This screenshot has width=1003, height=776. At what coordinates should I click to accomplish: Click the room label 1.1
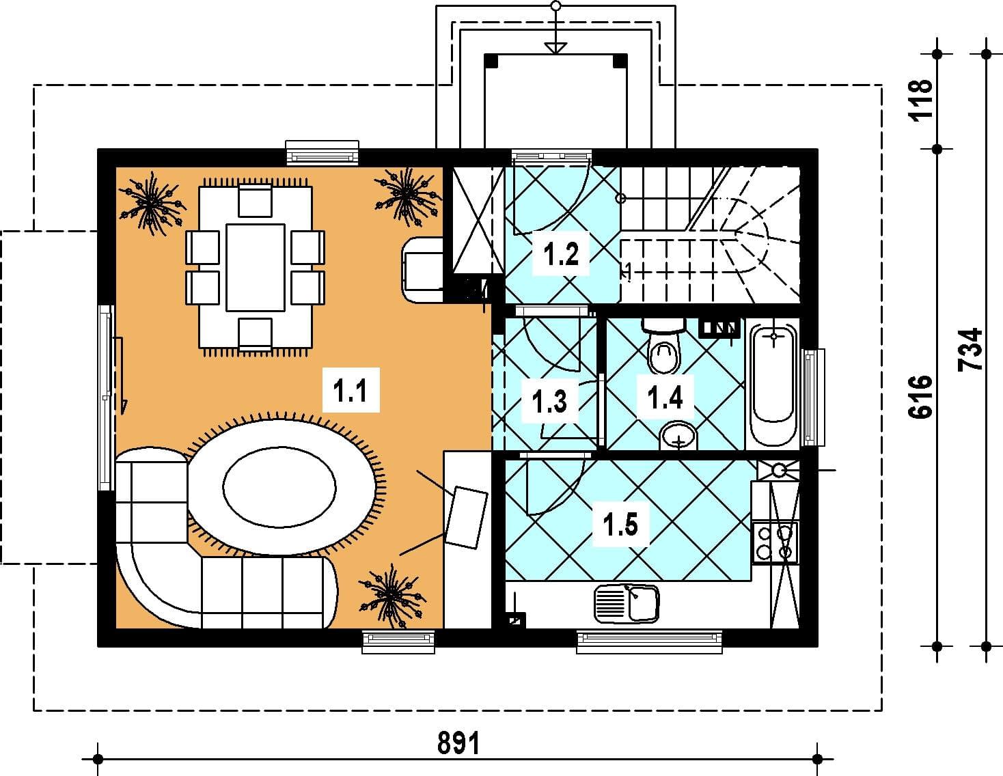coord(351,390)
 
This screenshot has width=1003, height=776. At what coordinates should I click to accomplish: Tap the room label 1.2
coord(561,253)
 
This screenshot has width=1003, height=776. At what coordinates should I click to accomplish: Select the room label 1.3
coord(549,401)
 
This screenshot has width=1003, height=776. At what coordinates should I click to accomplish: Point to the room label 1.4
coord(665,397)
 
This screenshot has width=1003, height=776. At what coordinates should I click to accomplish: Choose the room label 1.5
coord(621,525)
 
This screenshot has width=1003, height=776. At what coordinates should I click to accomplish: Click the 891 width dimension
coord(459,743)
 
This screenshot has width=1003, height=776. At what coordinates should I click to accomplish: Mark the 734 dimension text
coord(970,349)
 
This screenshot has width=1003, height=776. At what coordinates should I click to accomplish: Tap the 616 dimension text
coord(920,397)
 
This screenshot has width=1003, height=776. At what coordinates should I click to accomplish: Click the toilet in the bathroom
coord(663,347)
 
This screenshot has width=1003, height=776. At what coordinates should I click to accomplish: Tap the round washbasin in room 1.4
coord(678,436)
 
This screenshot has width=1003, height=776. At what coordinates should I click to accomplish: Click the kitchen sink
coord(627,603)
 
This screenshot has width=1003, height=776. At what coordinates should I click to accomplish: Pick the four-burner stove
coord(775,542)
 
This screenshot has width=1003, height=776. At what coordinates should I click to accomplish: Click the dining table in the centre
coord(256,268)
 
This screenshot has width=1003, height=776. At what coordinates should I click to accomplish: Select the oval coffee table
coord(279,487)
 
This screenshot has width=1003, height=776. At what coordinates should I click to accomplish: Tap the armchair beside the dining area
coord(422,271)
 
